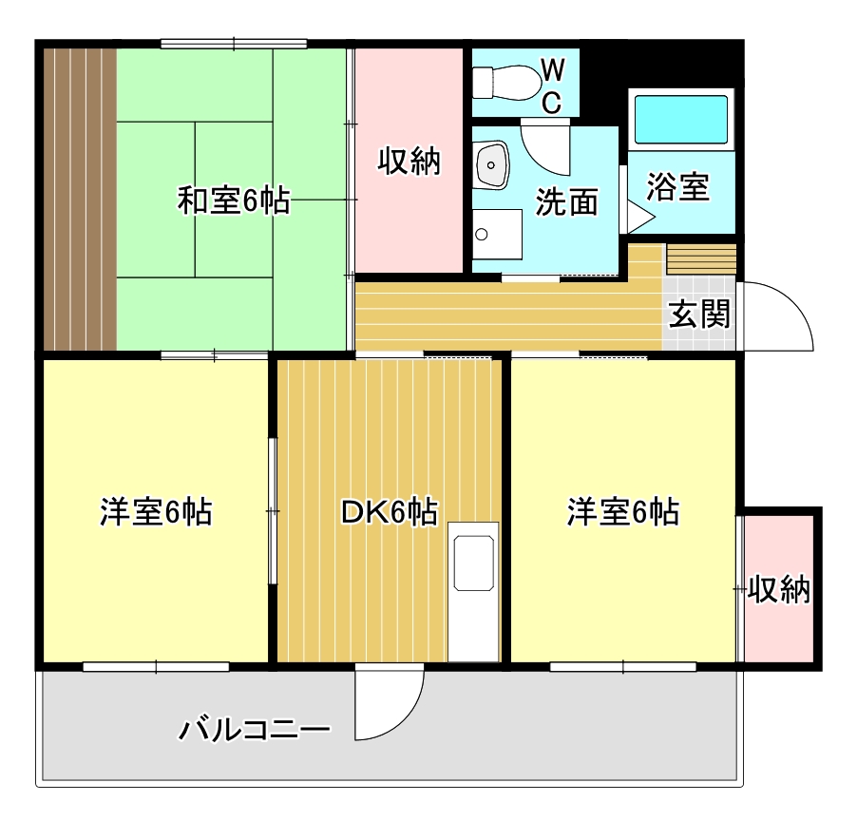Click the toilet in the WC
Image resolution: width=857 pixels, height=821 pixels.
(x=504, y=80)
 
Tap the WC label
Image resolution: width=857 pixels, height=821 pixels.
(x=553, y=84)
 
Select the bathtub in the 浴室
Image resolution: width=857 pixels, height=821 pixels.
(x=681, y=119)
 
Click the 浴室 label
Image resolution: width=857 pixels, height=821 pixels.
(x=677, y=187)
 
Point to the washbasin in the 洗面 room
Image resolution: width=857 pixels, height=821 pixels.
(x=492, y=167)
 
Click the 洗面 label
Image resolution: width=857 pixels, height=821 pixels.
(x=566, y=201)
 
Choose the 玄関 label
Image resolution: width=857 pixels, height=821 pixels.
(x=700, y=315)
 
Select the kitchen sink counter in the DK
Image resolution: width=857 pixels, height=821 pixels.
(x=473, y=591)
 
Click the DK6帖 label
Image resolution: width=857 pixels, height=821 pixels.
(x=390, y=513)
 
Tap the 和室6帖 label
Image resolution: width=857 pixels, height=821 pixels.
(x=234, y=201)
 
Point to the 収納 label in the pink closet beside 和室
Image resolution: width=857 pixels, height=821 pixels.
(x=410, y=162)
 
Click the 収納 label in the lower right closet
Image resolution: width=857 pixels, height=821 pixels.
(x=778, y=590)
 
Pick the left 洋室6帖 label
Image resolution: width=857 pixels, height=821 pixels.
(x=156, y=513)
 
